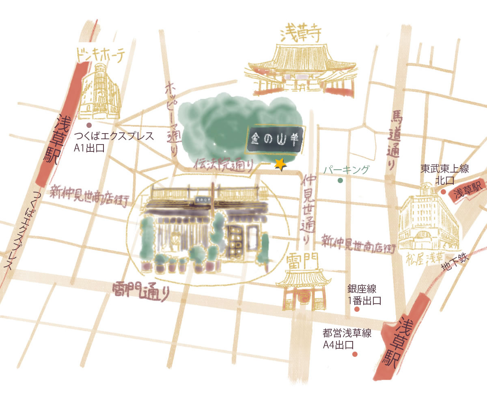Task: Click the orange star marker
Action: pyautogui.click(x=280, y=164)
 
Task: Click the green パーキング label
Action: pyautogui.click(x=347, y=170)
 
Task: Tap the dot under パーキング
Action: pyautogui.click(x=340, y=180)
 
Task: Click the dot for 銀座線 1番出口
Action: pyautogui.click(x=357, y=309)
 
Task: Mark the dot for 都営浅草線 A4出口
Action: pyautogui.click(x=355, y=354)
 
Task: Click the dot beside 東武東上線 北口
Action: pyautogui.click(x=443, y=192)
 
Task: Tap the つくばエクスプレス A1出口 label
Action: pyautogui.click(x=114, y=142)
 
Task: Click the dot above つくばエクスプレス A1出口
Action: pyautogui.click(x=89, y=125)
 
